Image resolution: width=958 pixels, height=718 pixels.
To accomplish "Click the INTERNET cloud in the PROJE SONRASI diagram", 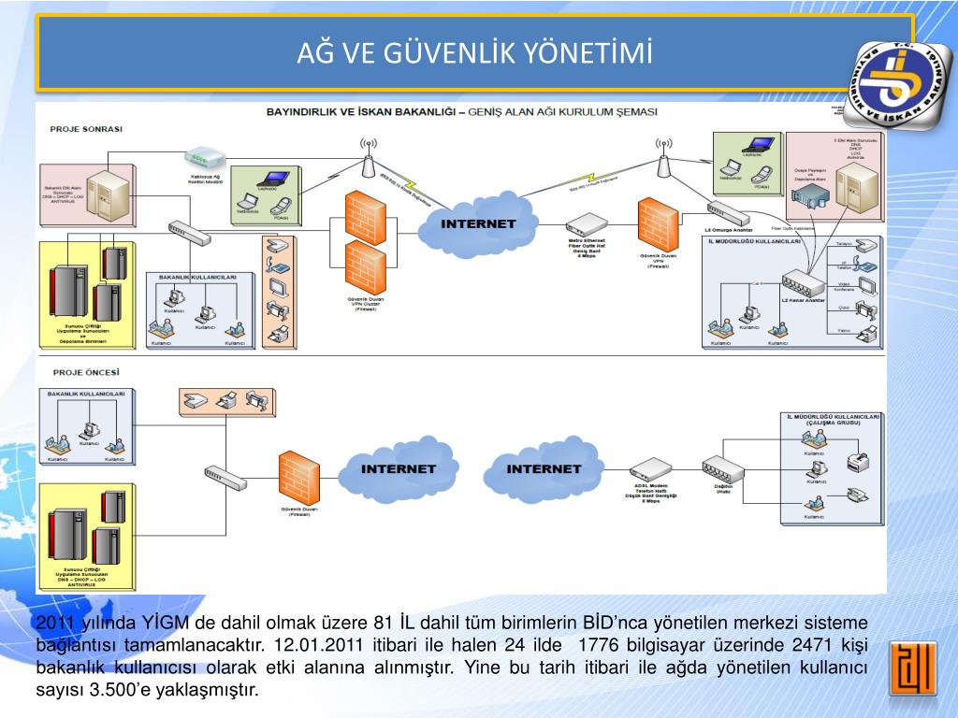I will [479, 223].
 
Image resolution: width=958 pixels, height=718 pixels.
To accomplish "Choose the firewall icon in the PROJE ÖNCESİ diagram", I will [299, 477].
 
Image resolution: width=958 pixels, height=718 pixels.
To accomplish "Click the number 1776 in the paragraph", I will [599, 645].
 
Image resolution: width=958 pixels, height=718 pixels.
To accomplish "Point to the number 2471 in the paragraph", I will [812, 645].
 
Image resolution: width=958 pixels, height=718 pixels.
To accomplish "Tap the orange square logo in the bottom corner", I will [912, 668].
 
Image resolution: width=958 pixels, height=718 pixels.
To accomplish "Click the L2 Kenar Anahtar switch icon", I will [803, 281].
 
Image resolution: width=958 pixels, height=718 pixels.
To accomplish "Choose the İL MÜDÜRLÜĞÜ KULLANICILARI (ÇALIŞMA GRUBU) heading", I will [833, 418].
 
